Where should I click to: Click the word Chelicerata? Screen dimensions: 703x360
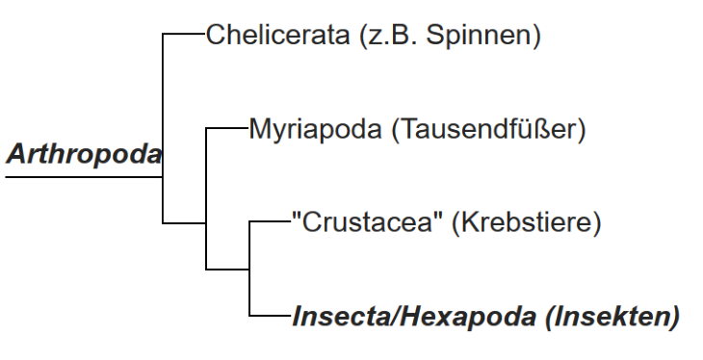pyautogui.click(x=277, y=35)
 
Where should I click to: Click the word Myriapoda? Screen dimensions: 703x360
pyautogui.click(x=315, y=130)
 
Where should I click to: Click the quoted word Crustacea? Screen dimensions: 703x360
pyautogui.click(x=367, y=222)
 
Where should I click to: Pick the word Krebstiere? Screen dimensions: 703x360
pyautogui.click(x=527, y=222)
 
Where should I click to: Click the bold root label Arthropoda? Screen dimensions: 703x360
pyautogui.click(x=84, y=154)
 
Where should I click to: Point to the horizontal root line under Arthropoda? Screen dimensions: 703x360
pyautogui.click(x=84, y=177)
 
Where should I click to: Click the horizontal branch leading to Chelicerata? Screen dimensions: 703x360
pyautogui.click(x=184, y=33)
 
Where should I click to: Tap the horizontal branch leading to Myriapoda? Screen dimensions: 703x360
pyautogui.click(x=227, y=128)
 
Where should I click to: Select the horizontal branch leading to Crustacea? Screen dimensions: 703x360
pyautogui.click(x=271, y=221)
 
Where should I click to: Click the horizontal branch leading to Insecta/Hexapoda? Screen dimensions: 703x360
pyautogui.click(x=271, y=316)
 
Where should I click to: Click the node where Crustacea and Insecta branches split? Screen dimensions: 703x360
pyautogui.click(x=249, y=269)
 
